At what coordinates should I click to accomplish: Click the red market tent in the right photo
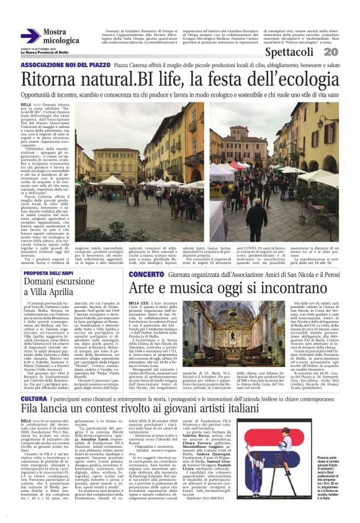pos(236,166)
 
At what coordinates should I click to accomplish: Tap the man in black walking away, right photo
pos(256,214)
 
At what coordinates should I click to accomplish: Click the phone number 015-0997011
pos(238,498)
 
